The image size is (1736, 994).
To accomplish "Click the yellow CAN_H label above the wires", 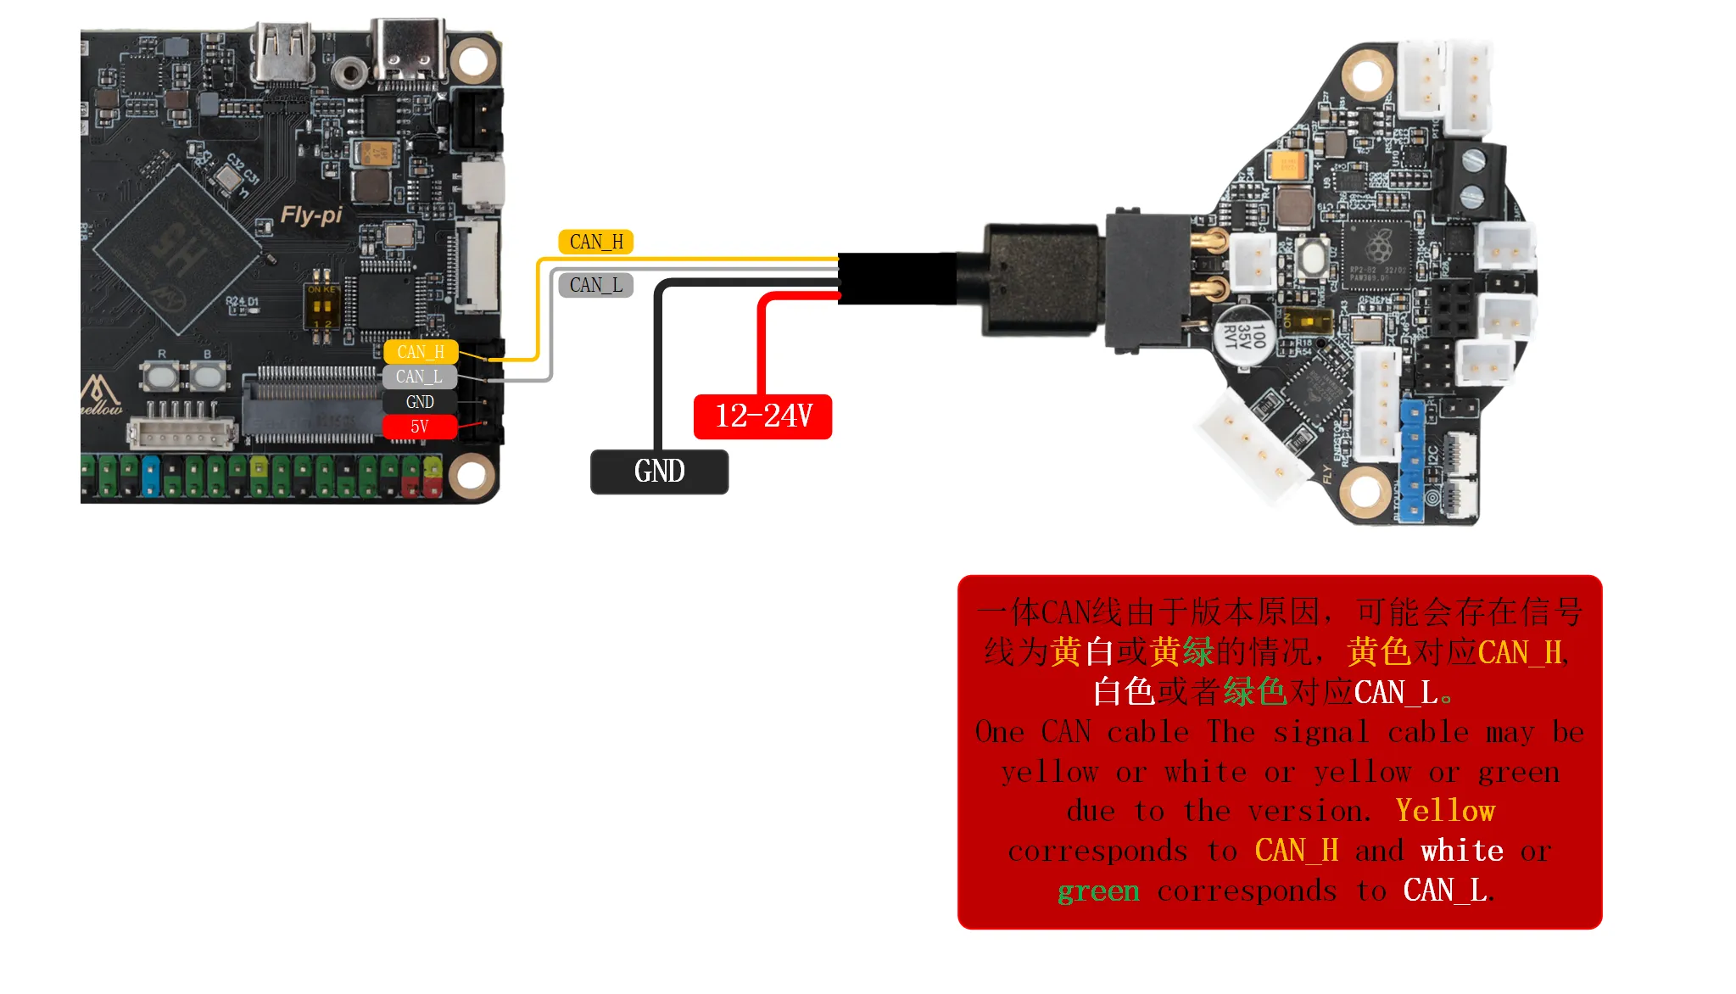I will coord(595,242).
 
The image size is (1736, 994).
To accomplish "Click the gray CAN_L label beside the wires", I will coord(595,285).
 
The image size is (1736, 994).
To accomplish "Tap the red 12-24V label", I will coord(762,416).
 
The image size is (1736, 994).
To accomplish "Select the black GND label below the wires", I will coord(659,472).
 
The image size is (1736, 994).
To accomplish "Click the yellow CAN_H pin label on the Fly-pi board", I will coord(420,352).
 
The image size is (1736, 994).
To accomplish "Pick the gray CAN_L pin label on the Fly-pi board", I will coord(419,377).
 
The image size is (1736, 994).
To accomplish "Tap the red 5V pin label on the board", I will coord(419,427).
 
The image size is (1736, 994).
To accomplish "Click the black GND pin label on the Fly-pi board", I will coord(419,402).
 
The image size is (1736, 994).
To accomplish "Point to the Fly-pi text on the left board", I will coord(311,215).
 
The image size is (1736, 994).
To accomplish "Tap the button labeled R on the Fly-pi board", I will coord(161,374).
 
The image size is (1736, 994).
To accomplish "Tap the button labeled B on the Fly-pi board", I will coord(208,374).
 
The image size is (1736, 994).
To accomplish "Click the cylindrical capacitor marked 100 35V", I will coord(1244,335).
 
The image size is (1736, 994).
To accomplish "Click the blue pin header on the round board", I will coord(1412,459).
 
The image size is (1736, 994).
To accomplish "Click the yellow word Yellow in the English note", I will coord(1445,812).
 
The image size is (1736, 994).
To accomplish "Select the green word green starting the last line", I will coord(1098,891).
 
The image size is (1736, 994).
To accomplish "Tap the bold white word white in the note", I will coord(1462,851).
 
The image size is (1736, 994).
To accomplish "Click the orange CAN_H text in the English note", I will coord(1296,851).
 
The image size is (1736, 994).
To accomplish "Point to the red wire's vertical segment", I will coord(762,348).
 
